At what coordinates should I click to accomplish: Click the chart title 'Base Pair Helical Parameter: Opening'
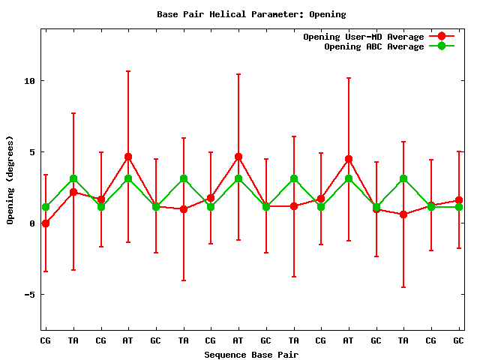point(251,14)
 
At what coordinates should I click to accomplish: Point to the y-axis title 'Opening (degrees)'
point(10,180)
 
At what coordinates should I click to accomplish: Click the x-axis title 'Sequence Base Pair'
point(251,354)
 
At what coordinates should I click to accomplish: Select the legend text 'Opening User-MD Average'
point(364,37)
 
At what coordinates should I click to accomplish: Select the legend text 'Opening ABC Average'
point(374,46)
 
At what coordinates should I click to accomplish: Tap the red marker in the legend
point(441,37)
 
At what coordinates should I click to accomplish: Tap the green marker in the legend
point(441,46)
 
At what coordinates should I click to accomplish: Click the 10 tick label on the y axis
point(29,81)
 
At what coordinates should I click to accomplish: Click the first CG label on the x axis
point(46,340)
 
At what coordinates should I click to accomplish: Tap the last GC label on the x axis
point(458,340)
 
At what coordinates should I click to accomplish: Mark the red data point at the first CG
point(46,223)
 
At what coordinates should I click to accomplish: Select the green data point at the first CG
point(46,207)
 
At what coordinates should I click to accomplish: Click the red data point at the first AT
point(128,157)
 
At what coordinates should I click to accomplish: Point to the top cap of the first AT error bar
point(128,71)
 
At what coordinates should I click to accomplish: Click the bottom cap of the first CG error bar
point(46,271)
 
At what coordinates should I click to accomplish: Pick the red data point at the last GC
point(458,200)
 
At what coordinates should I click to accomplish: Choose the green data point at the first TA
point(73,178)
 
